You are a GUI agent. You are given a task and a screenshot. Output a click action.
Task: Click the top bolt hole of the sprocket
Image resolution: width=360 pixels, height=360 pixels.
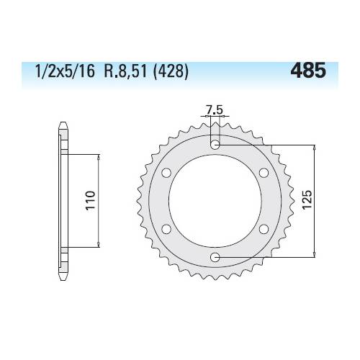pos(215,145)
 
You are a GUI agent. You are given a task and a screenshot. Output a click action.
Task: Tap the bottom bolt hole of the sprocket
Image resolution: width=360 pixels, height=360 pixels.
pos(215,257)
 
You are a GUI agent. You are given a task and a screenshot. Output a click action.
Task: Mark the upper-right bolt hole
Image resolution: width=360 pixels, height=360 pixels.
pos(264,173)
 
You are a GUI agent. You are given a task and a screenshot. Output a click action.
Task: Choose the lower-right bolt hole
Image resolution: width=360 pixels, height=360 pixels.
pos(264,229)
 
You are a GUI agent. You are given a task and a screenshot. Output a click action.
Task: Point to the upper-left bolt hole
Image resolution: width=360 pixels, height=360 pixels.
pos(166,173)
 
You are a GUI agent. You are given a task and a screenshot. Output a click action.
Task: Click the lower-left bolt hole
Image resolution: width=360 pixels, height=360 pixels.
pos(166,229)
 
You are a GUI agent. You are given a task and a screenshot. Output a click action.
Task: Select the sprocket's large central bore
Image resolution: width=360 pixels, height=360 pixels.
pos(215,201)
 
